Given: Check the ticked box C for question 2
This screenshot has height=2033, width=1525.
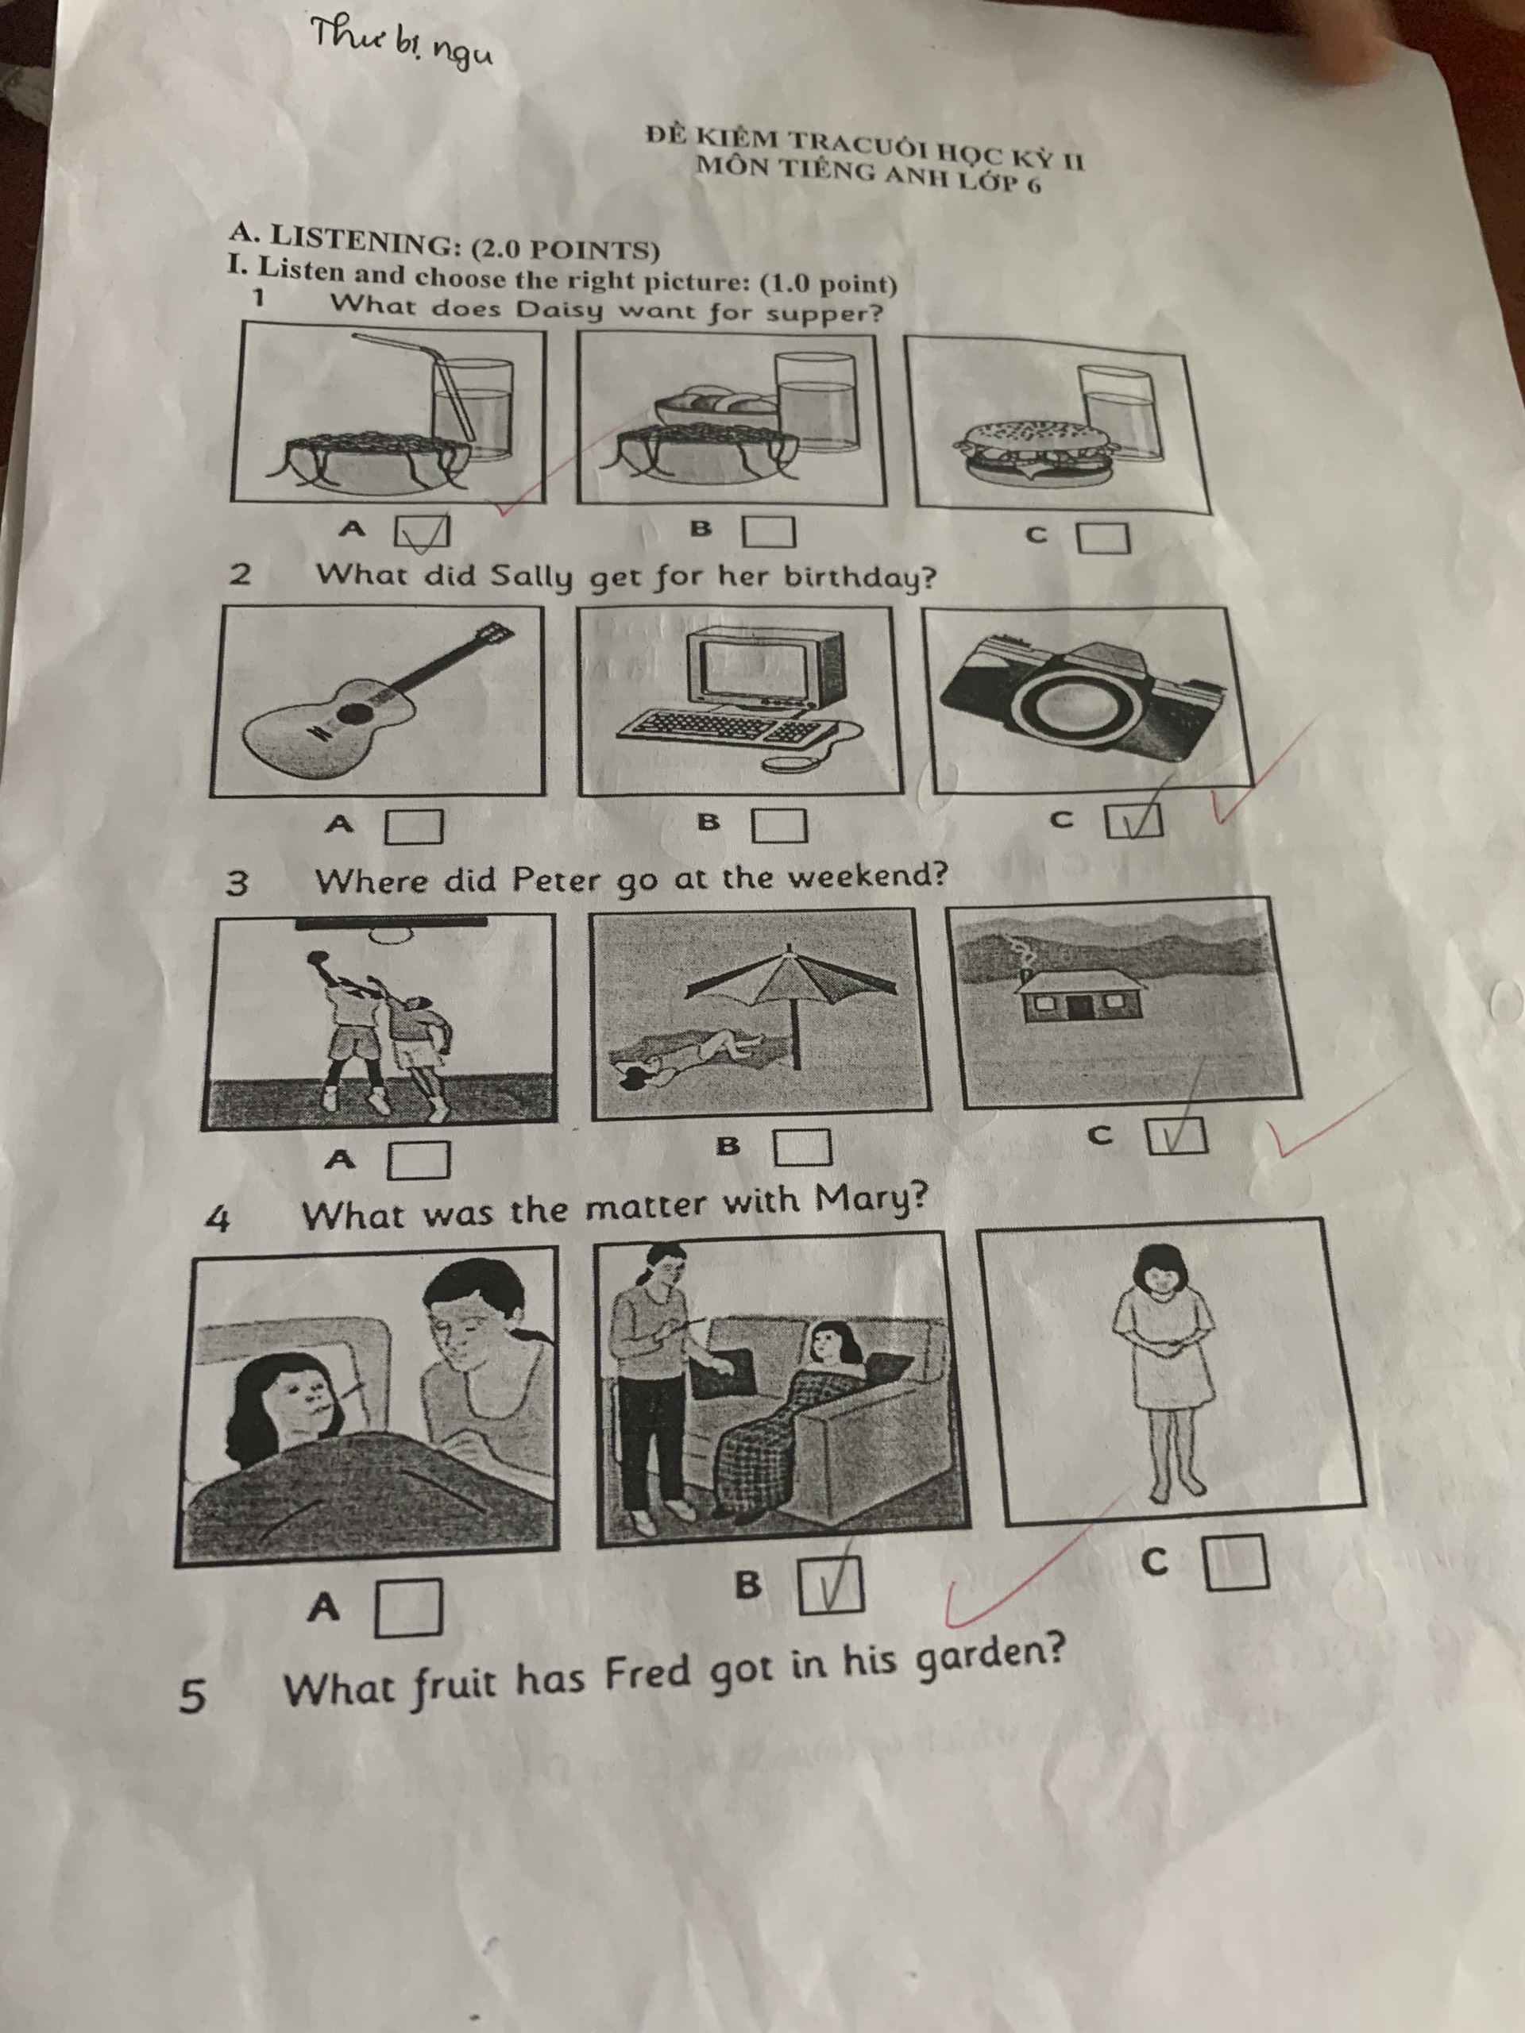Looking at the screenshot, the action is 1134,820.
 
